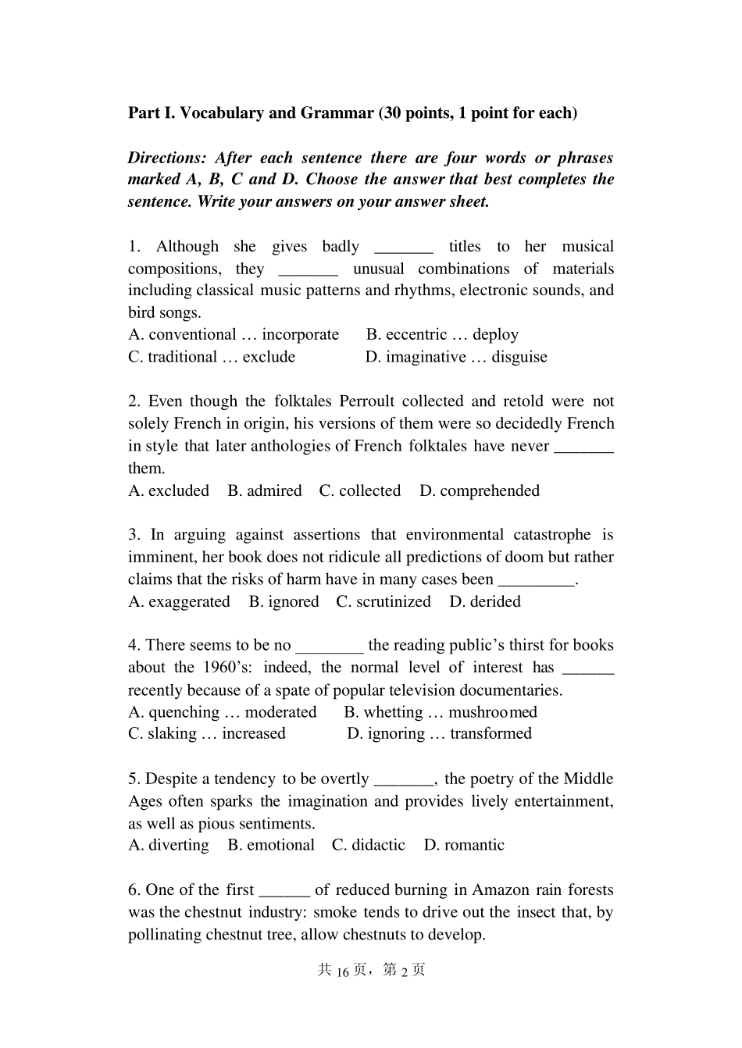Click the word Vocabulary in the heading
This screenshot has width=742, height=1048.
click(221, 113)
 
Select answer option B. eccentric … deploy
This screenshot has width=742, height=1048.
click(442, 335)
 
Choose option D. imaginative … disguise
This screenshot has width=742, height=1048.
click(456, 357)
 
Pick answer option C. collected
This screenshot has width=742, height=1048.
click(360, 491)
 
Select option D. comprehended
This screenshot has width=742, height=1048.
click(480, 491)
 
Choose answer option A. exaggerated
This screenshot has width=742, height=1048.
click(179, 602)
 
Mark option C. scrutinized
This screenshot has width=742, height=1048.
click(383, 602)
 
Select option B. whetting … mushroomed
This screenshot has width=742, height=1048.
click(441, 712)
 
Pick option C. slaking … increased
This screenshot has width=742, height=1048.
click(207, 734)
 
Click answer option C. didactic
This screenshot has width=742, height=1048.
click(369, 845)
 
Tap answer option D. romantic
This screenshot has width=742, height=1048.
click(464, 845)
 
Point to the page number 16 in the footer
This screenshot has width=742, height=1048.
click(343, 971)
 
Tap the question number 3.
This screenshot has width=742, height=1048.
click(134, 535)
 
